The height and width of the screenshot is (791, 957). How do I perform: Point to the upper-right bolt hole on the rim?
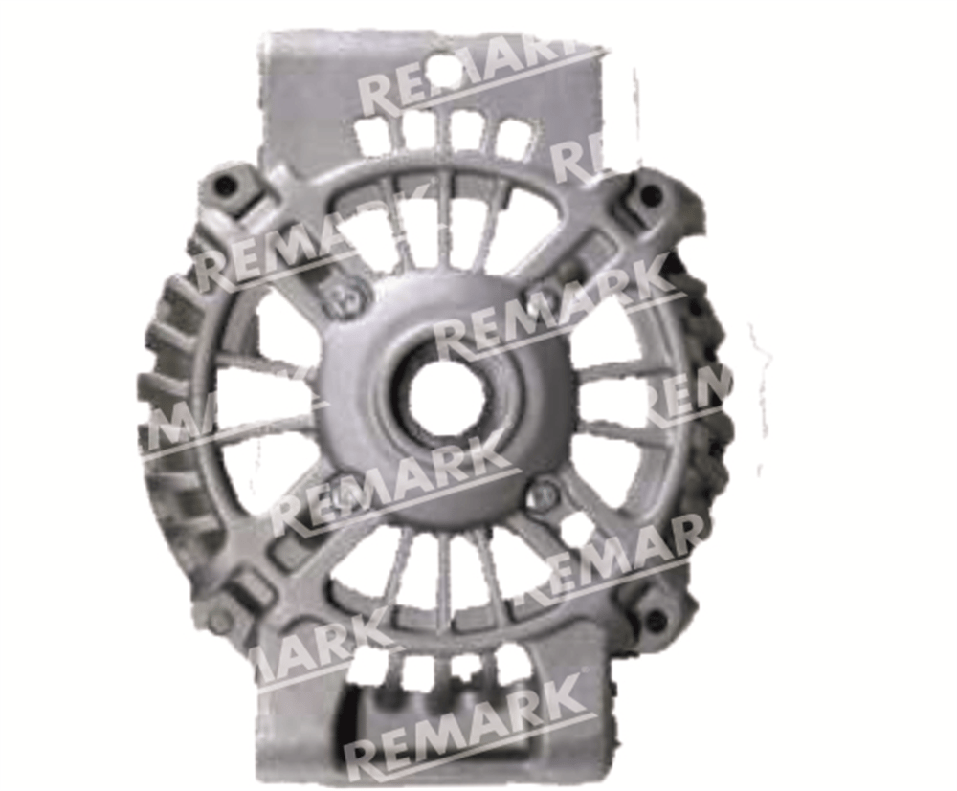[651, 194]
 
